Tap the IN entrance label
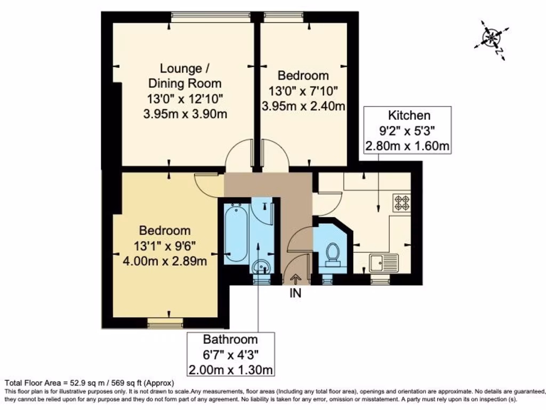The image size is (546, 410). coord(295,293)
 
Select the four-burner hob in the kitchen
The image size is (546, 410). coord(401,202)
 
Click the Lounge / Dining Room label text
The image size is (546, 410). coord(184,76)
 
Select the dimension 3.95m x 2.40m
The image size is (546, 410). coord(303,106)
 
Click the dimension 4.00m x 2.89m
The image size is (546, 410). coord(165,262)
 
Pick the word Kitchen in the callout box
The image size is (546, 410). coord(408,115)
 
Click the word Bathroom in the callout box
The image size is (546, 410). coord(230,340)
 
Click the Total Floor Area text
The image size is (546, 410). coord(89,383)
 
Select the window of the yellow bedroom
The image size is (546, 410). coord(165,322)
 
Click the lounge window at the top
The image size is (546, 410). coord(211,17)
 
